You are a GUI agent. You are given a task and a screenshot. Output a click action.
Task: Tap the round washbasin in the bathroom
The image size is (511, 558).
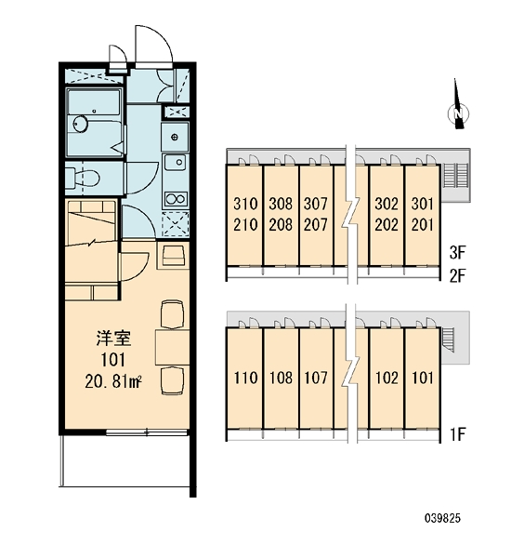(x=81, y=124)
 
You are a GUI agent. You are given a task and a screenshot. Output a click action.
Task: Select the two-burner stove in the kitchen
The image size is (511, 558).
(x=175, y=199)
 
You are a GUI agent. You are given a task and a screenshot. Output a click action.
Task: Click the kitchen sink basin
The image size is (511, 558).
(x=175, y=162)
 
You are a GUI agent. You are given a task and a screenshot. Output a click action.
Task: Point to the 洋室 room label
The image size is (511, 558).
(x=113, y=339)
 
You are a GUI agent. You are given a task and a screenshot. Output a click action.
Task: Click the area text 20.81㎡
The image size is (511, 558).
(x=113, y=382)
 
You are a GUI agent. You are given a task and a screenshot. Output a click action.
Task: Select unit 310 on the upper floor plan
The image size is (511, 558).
(x=245, y=204)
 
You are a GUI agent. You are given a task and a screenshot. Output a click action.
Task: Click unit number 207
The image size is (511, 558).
(x=315, y=224)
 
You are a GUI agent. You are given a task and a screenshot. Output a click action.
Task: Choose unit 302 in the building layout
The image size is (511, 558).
(x=387, y=204)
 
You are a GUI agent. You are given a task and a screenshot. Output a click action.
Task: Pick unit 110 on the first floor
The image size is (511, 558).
(x=245, y=378)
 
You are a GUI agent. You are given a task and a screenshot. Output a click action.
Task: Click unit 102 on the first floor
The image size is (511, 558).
(x=387, y=378)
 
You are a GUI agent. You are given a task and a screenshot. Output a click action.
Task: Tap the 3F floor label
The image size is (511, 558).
(x=457, y=253)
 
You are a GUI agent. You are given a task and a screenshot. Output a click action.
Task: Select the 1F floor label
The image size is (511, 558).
(x=458, y=434)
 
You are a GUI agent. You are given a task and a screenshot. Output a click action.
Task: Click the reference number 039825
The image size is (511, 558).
(x=442, y=518)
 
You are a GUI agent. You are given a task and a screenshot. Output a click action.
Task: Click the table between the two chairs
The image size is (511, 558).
(x=173, y=347)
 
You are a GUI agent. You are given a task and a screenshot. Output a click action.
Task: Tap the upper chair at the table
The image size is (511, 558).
(x=173, y=314)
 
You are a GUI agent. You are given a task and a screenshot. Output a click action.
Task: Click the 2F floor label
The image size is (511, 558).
(x=457, y=276)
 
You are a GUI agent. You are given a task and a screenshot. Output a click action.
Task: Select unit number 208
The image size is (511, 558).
(x=281, y=224)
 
